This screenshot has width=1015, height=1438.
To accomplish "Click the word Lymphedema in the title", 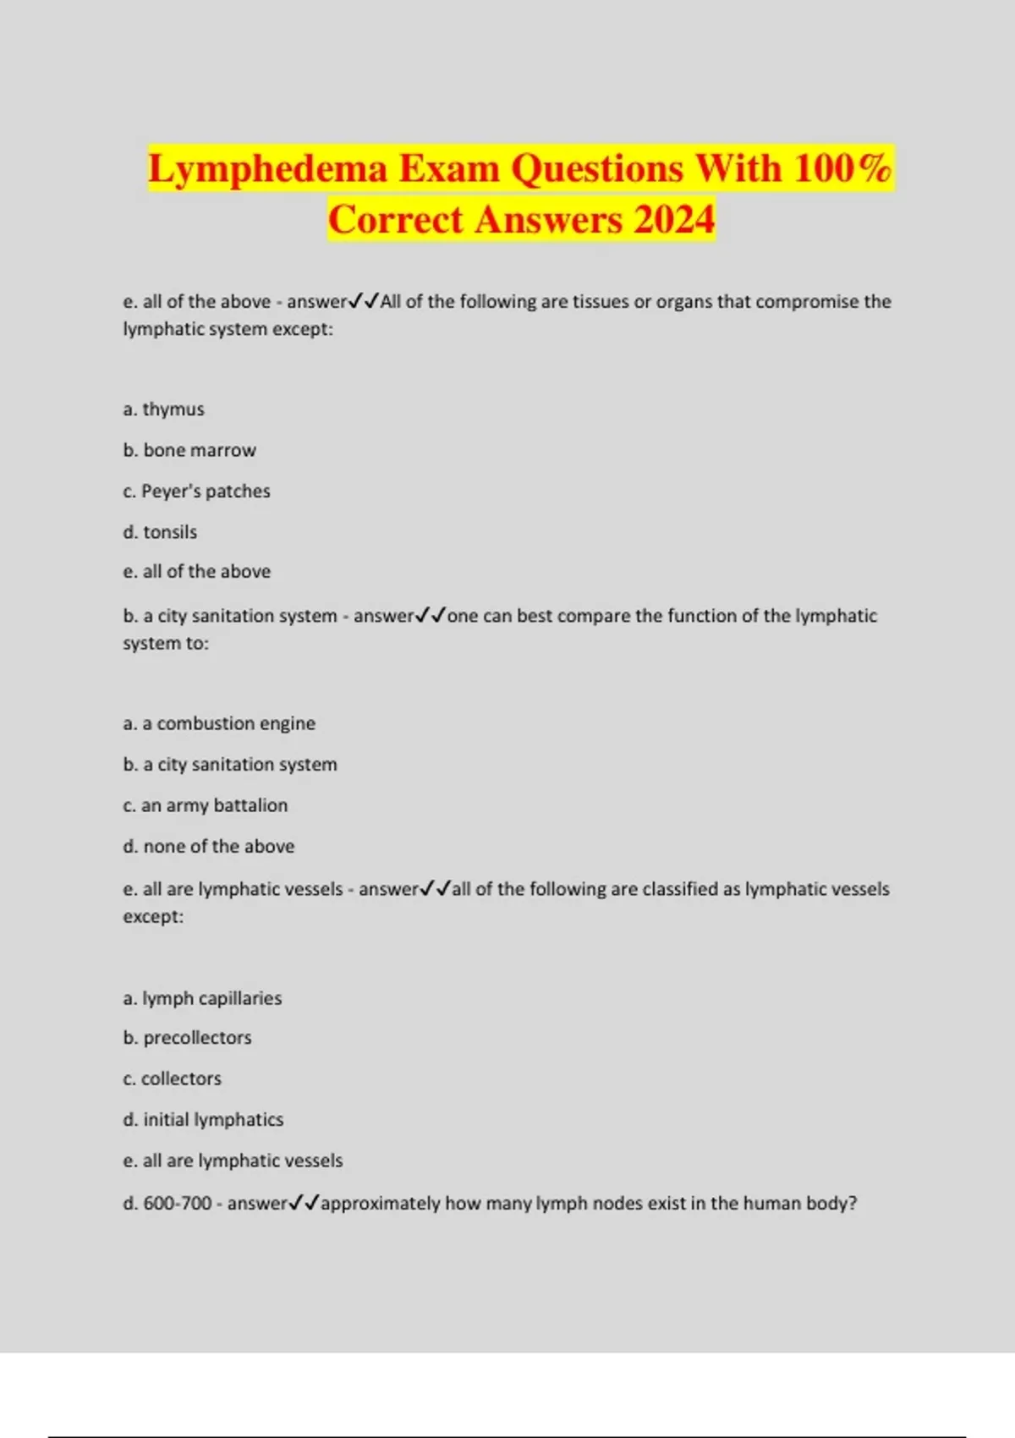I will click(x=267, y=168).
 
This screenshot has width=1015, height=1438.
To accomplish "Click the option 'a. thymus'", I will click(x=163, y=409).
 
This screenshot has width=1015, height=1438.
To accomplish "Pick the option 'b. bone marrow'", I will click(x=189, y=450).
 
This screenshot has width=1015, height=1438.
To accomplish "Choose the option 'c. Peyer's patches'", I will click(x=196, y=491).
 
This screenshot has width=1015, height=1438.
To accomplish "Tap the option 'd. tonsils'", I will click(x=160, y=532).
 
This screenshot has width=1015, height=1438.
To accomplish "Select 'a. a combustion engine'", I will click(x=219, y=723).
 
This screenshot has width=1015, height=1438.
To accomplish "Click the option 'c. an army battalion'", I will click(x=205, y=805).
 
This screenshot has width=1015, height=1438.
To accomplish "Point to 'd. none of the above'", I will click(x=209, y=846).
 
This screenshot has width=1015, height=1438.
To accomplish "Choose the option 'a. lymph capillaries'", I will click(x=202, y=998).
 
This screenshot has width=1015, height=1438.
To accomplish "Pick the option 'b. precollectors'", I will click(x=187, y=1038).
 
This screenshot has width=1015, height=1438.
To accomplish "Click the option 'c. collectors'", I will click(x=172, y=1078).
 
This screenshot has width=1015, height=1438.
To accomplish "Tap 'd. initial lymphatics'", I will click(x=203, y=1120).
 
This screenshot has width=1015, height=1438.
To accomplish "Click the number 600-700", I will click(x=178, y=1203).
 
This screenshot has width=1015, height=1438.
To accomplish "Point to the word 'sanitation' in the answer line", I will click(x=234, y=616).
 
